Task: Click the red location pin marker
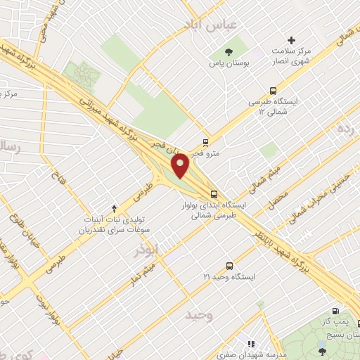(x=181, y=166)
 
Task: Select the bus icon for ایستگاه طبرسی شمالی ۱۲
(x=273, y=91)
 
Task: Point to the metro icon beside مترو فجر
(x=205, y=141)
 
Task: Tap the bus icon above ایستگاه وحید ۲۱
(x=229, y=265)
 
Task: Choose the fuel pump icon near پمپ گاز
(x=335, y=311)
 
